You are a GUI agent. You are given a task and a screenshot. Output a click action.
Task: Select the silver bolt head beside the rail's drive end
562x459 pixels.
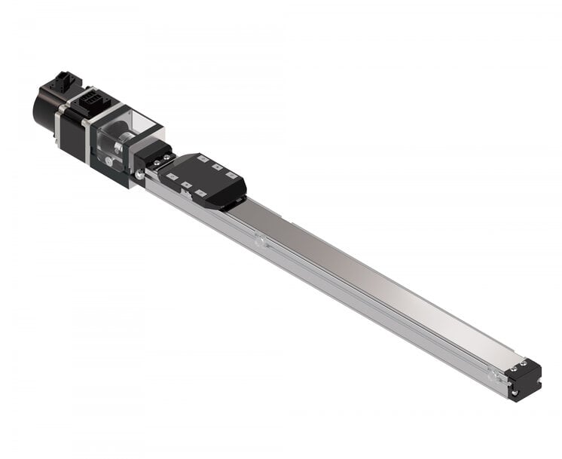coord(139,175)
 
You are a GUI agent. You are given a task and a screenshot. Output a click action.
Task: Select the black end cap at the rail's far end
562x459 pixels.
coord(527,380)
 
